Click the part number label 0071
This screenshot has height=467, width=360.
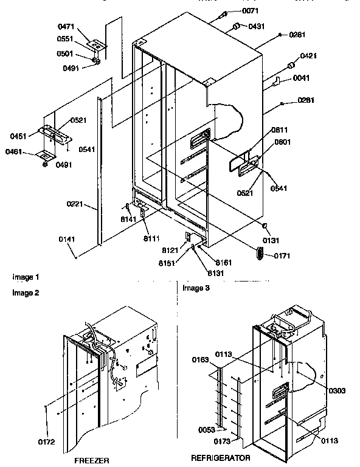249,12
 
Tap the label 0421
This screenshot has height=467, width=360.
310,56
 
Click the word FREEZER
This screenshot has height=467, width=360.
91,460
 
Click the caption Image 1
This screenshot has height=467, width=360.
26,277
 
